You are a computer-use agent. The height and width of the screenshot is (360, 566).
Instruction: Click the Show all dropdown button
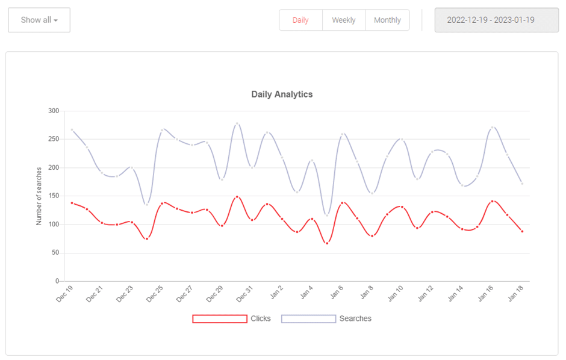[x=39, y=20]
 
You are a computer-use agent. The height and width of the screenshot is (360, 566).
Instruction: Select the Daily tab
[x=300, y=20]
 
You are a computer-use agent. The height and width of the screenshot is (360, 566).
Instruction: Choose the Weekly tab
[x=344, y=20]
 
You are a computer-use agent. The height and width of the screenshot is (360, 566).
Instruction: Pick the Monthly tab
[x=387, y=20]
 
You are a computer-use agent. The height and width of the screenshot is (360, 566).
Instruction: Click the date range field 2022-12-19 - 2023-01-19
[x=496, y=20]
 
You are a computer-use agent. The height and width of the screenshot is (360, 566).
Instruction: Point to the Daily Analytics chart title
[x=282, y=95]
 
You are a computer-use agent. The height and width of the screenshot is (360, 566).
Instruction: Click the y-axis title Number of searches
[x=39, y=196]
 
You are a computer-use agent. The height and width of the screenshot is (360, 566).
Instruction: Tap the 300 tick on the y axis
[x=54, y=111]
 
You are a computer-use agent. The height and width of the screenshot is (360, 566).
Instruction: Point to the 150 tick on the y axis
[x=54, y=196]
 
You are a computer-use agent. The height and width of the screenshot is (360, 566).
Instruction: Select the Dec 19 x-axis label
[x=64, y=294]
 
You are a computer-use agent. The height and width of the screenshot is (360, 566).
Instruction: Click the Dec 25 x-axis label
[x=155, y=294]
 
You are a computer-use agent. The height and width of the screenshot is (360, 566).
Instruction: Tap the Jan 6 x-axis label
[x=337, y=293]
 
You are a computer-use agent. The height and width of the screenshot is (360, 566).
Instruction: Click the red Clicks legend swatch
[x=220, y=318]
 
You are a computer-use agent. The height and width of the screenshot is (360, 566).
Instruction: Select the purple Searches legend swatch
[x=308, y=318]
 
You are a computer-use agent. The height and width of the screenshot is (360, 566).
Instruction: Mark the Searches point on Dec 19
[x=72, y=129]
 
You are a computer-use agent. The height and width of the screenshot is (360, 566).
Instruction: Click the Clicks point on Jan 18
[x=522, y=231]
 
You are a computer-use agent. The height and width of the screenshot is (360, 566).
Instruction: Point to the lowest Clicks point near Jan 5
[x=327, y=243]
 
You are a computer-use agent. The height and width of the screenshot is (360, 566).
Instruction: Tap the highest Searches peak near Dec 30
[x=237, y=123]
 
